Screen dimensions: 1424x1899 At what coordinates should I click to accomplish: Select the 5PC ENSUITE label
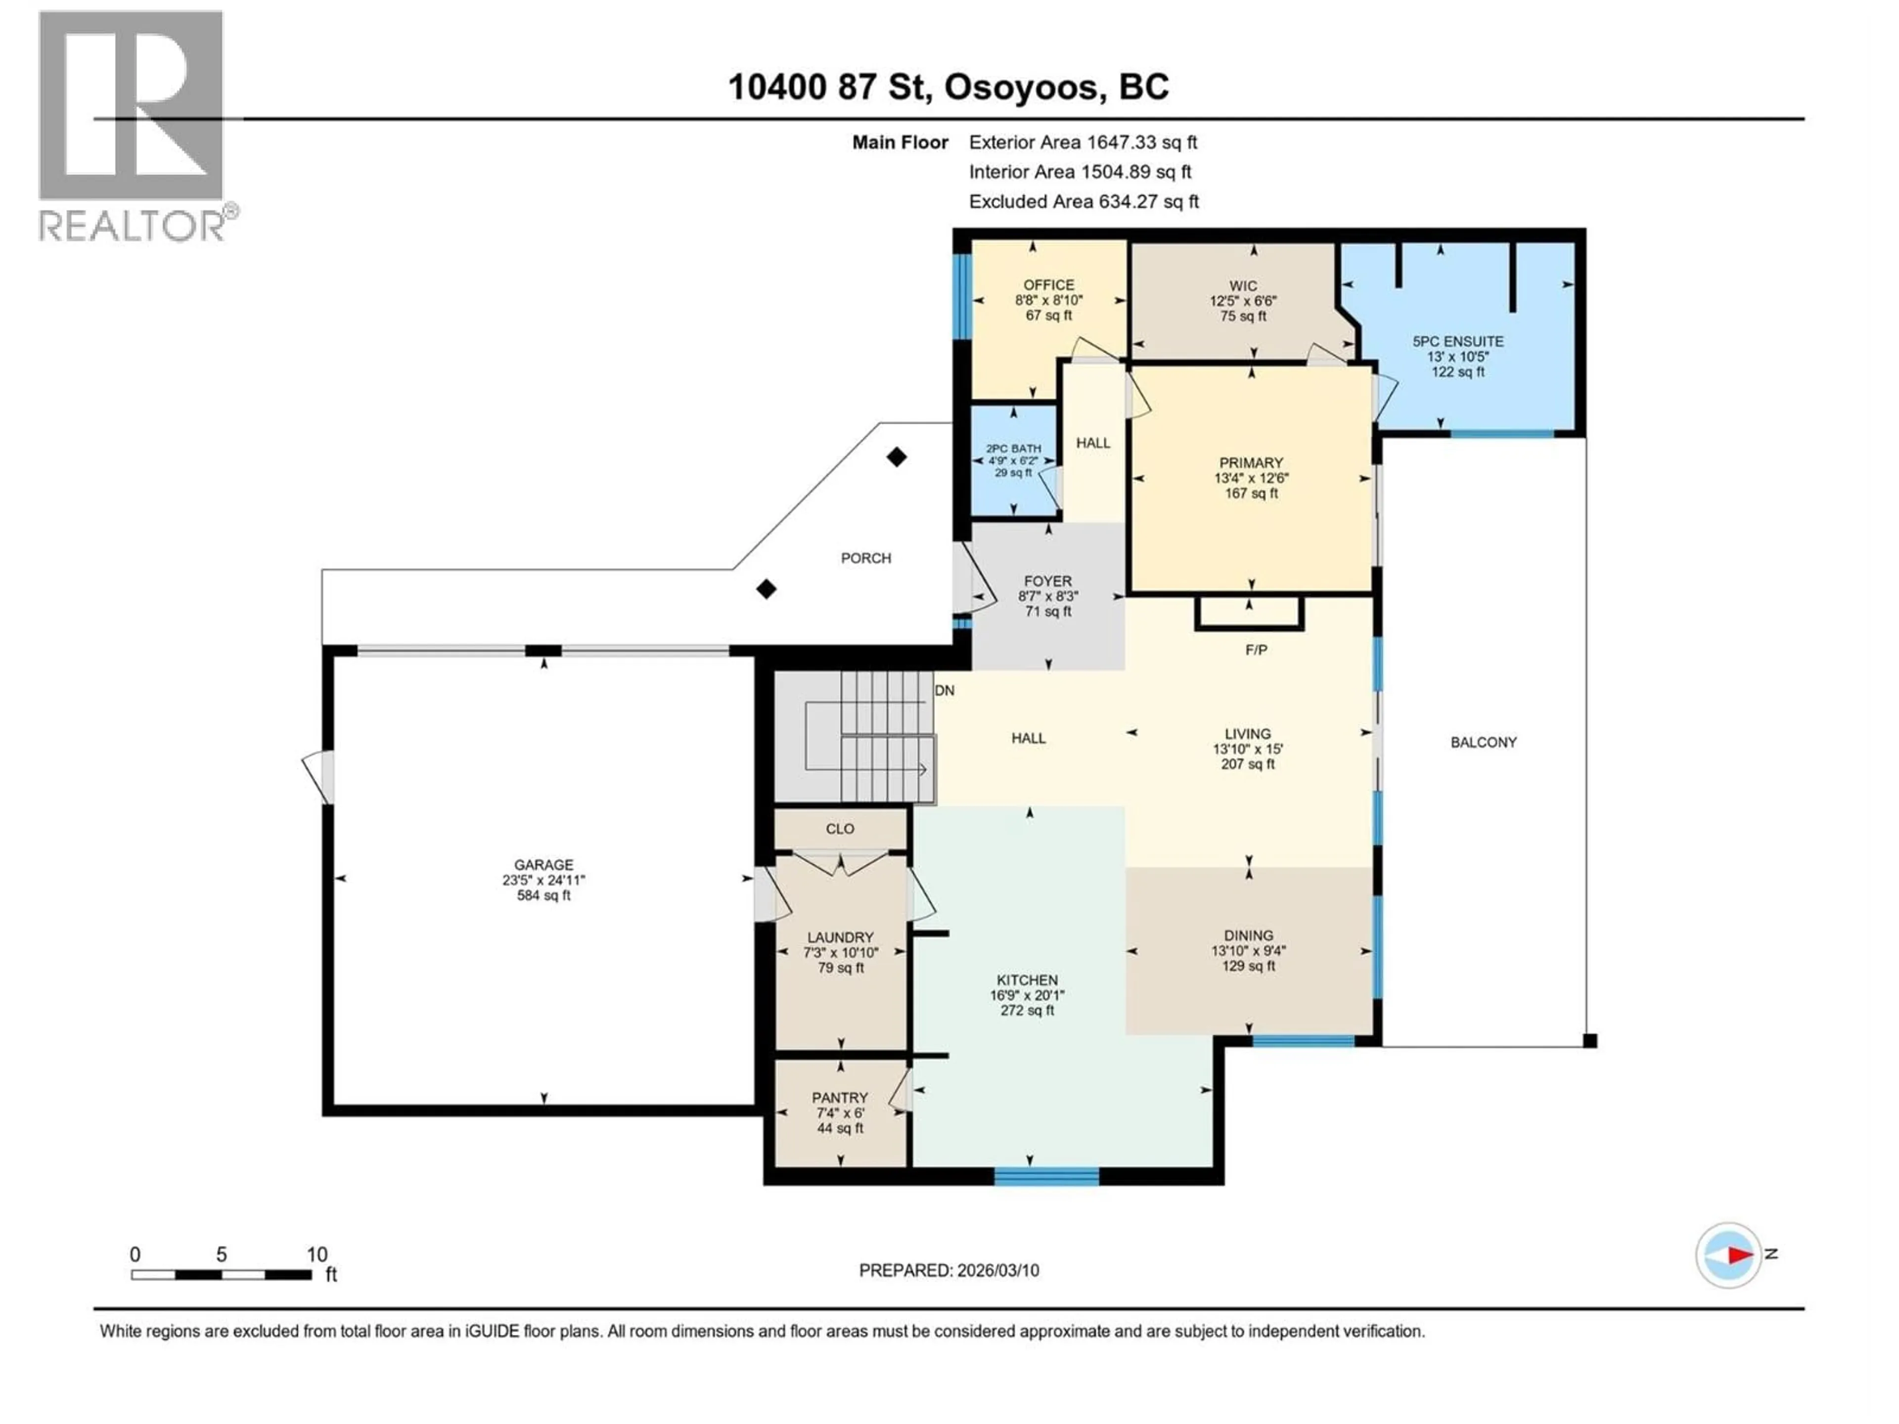coord(1458,341)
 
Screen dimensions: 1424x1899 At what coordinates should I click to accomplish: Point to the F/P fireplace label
coord(1256,650)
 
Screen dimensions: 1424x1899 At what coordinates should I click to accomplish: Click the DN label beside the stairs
coord(945,690)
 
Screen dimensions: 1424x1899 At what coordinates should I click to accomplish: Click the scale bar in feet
coord(222,1275)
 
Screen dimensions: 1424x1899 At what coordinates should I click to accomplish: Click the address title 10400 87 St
coord(948,87)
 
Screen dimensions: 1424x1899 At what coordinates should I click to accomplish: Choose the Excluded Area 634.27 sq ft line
coord(1084,202)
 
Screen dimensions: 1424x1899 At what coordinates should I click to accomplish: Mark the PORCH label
coord(865,558)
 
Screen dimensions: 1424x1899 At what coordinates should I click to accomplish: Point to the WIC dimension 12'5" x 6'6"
coord(1243,301)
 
